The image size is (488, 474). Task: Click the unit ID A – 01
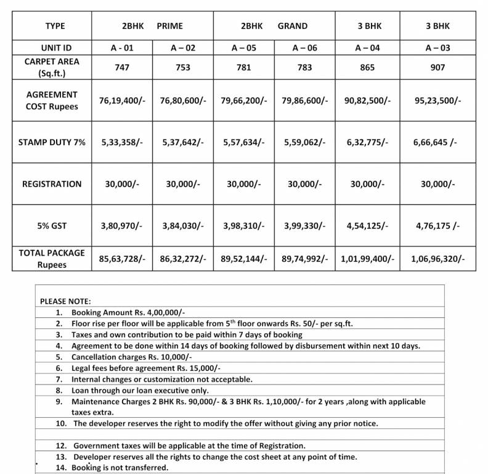(x=122, y=48)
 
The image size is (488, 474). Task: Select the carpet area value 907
(x=437, y=68)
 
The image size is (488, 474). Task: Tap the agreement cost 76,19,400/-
(x=122, y=100)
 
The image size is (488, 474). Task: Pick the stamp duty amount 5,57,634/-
(x=244, y=142)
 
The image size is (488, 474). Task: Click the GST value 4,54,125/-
(x=368, y=226)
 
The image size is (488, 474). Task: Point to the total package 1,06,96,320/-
(x=438, y=259)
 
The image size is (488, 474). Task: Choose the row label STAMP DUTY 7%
(x=52, y=142)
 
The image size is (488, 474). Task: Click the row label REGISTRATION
(x=52, y=184)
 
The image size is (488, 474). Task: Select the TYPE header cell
(x=55, y=27)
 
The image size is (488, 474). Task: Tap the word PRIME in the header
(x=170, y=27)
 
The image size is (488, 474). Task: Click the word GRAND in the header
(x=293, y=27)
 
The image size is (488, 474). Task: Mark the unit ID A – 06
(x=304, y=48)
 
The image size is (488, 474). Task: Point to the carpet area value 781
(x=244, y=68)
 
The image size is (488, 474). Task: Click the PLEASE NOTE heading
(x=65, y=301)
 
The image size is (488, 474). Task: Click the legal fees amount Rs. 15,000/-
(x=169, y=368)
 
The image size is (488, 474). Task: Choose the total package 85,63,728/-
(x=122, y=259)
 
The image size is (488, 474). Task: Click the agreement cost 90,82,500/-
(x=368, y=100)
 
